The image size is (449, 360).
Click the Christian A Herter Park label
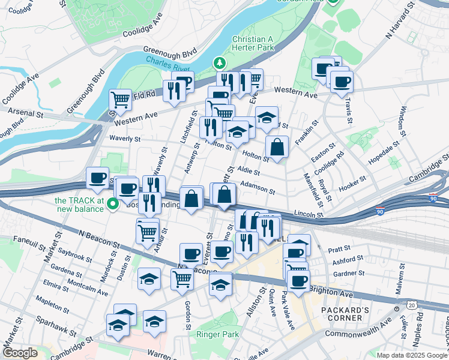tap(252, 43)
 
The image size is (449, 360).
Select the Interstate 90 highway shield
tap(380, 211)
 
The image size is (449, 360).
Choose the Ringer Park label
tap(222, 334)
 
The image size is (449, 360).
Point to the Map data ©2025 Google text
tap(412, 355)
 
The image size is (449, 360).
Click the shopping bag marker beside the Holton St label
tap(277, 148)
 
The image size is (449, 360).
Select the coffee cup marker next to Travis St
tap(342, 82)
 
